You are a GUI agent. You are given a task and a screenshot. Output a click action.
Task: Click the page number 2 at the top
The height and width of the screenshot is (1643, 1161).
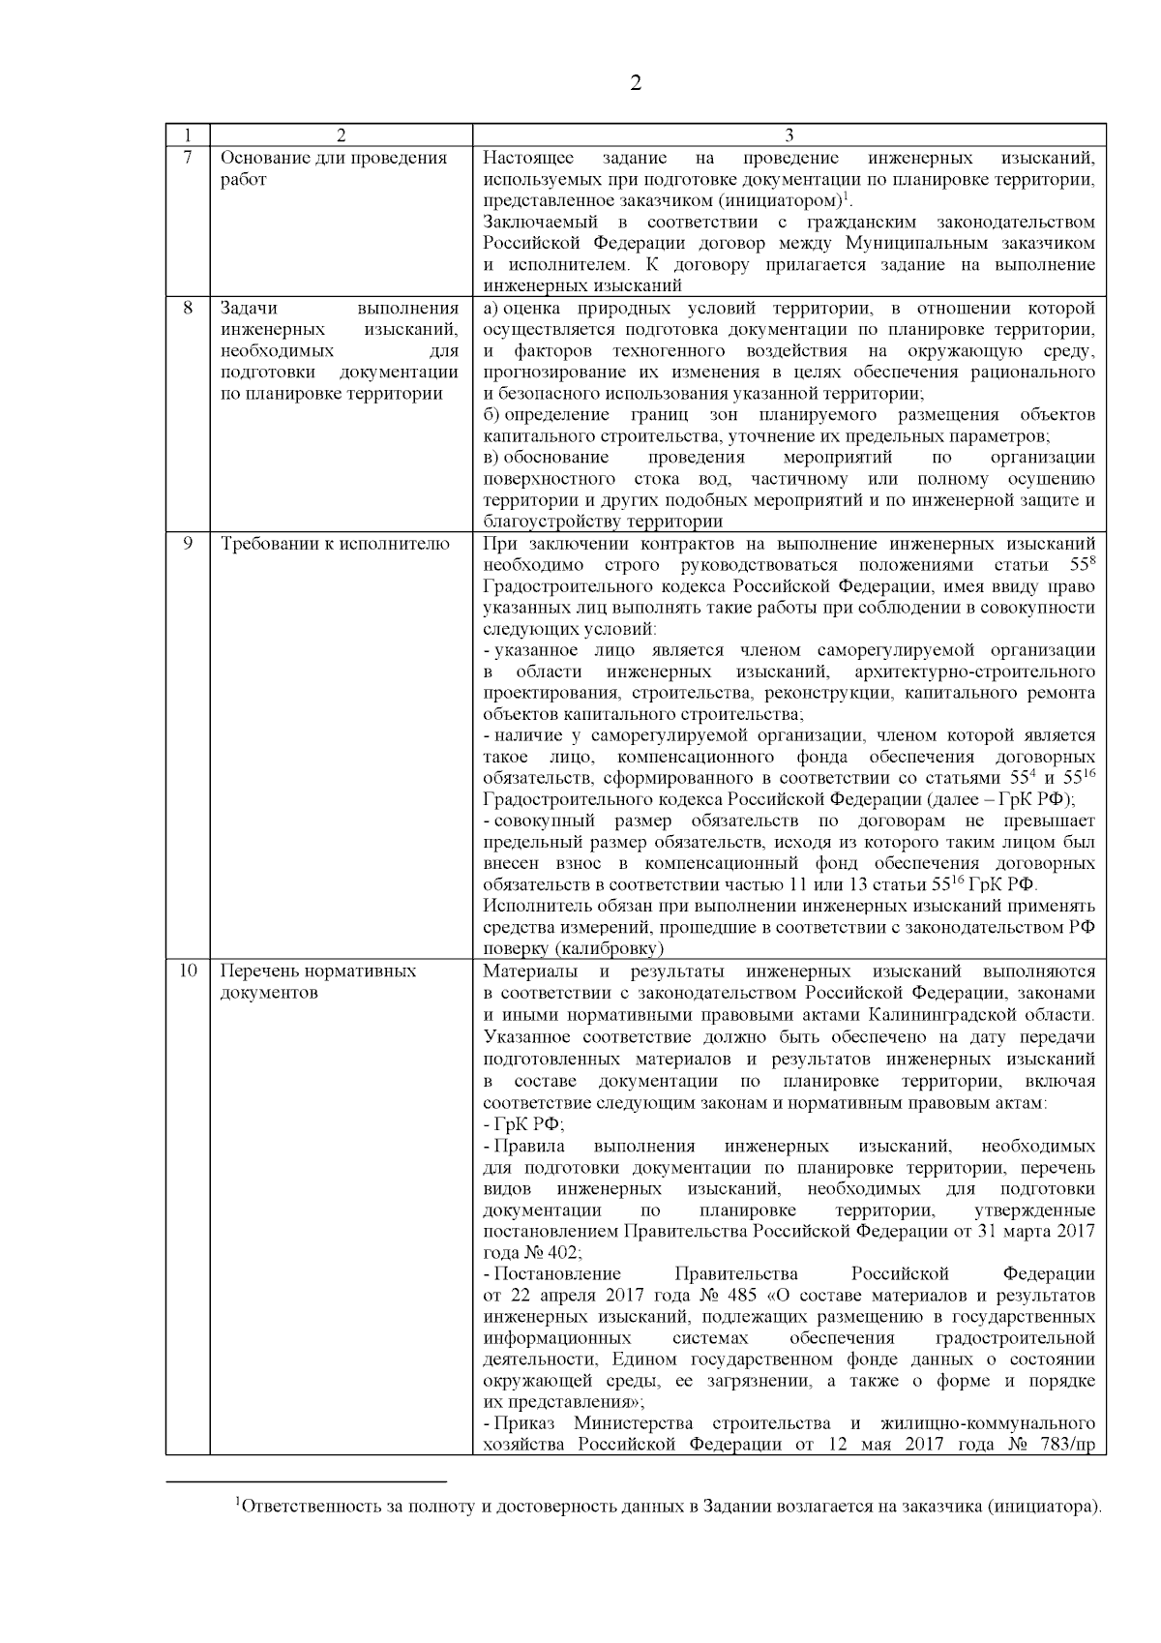[x=636, y=83]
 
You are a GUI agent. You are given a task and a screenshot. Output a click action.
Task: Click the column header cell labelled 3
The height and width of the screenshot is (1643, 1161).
[x=789, y=135]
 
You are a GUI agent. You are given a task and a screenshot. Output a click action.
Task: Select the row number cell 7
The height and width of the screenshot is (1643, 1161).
[x=188, y=158]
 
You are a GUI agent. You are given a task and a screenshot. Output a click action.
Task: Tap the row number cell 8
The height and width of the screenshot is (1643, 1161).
[x=188, y=309]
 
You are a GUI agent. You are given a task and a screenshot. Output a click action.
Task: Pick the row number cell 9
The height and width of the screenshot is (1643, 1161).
[x=188, y=544]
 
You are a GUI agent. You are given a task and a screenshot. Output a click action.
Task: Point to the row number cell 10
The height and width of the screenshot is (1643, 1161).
[x=188, y=971]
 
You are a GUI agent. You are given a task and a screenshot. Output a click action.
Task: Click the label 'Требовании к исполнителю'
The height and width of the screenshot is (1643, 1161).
[x=336, y=544]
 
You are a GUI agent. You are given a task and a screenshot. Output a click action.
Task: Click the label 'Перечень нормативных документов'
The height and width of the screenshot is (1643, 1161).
[x=318, y=981]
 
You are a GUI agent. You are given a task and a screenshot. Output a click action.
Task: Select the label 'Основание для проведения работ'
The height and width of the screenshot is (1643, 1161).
[x=334, y=168]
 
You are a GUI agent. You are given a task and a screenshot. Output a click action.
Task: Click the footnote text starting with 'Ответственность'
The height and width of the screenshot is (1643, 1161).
[x=668, y=1508]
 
